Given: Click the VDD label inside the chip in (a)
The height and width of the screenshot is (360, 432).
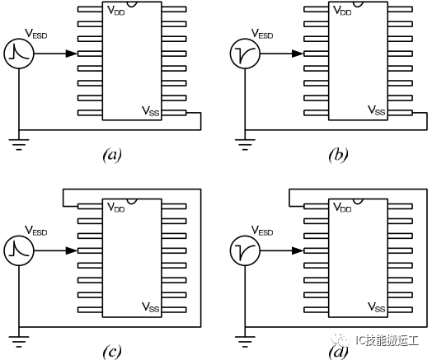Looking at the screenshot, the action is click(x=116, y=10).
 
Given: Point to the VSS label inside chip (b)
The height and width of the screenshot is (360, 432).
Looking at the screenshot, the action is click(x=377, y=110).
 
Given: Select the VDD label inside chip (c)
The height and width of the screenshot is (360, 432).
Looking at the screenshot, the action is click(x=116, y=208).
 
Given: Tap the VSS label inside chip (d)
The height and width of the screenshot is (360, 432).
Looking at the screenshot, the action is click(x=377, y=306).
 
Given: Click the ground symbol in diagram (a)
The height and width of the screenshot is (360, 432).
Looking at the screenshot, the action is click(x=19, y=145).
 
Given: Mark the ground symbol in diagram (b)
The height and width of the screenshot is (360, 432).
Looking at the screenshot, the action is click(x=245, y=145).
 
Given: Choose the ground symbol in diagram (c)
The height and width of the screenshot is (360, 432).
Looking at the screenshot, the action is click(x=19, y=342).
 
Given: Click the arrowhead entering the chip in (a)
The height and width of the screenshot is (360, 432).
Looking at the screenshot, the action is click(x=72, y=54).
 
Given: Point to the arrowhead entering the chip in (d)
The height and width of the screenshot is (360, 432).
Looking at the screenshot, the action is click(x=298, y=250).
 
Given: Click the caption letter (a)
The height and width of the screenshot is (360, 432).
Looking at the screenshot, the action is click(x=112, y=155).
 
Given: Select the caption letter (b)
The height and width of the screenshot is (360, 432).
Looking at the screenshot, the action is click(x=338, y=155).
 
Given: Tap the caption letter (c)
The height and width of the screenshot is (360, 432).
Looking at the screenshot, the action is click(x=112, y=352).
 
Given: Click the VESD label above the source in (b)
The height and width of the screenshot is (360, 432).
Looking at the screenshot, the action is click(x=262, y=34).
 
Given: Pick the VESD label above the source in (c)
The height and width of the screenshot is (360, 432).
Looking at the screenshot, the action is click(x=35, y=231).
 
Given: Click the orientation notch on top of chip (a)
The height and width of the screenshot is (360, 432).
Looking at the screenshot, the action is click(x=132, y=4).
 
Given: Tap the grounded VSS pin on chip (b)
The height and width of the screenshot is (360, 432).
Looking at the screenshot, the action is click(x=400, y=113).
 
